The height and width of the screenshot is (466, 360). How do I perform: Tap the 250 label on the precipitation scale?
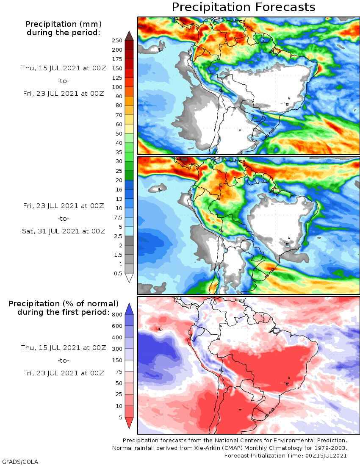tap(117, 41)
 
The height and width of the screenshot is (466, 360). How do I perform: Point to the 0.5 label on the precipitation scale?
tap(118, 273)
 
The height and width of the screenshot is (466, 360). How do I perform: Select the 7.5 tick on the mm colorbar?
tap(118, 217)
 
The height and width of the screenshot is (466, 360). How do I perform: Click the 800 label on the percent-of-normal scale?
tap(117, 315)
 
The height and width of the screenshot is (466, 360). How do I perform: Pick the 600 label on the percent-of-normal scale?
tap(117, 326)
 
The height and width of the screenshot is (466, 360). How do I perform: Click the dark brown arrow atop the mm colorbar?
tap(129, 35)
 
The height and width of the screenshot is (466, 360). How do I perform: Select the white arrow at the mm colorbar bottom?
tap(129, 278)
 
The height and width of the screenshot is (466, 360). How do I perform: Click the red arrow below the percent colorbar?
tap(129, 423)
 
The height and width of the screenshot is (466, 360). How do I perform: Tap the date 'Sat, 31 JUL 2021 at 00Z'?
tap(64, 231)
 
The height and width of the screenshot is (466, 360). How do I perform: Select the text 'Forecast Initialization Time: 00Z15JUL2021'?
tap(285, 456)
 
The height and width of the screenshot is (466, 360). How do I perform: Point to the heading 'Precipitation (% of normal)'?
tap(64, 304)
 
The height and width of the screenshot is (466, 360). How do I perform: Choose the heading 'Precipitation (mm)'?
tap(64, 24)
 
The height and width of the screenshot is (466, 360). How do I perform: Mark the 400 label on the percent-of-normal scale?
tap(117, 338)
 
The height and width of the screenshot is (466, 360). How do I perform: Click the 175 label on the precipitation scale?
tap(117, 59)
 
